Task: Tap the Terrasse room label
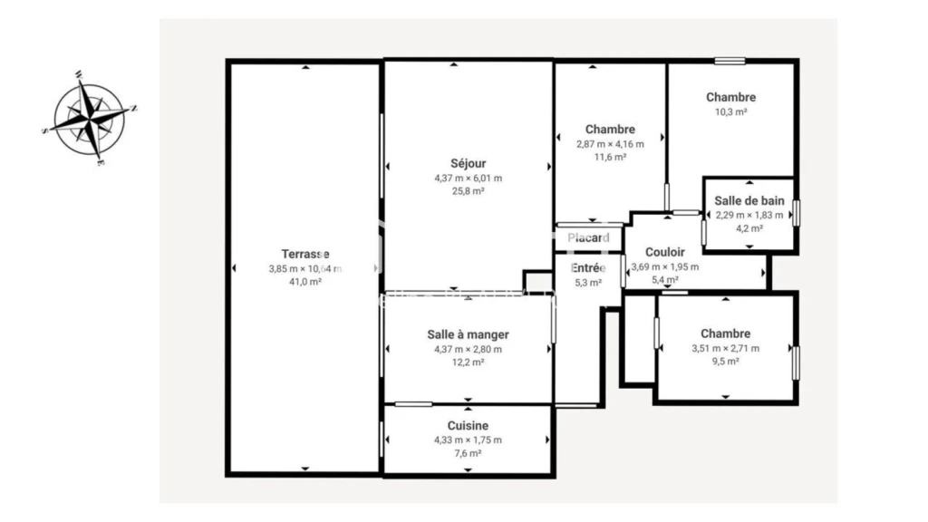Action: (305, 254)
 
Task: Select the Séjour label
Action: (469, 164)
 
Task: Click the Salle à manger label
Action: (469, 335)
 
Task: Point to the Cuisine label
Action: (469, 426)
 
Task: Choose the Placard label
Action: (588, 238)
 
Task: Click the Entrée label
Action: (588, 268)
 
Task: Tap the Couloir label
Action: (665, 252)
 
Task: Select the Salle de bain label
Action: (749, 201)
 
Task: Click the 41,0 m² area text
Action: (305, 283)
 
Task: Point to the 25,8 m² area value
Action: (469, 191)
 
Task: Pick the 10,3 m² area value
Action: (731, 111)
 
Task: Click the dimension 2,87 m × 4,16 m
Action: (610, 144)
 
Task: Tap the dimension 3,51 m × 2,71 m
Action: (726, 349)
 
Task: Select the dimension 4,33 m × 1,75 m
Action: (469, 440)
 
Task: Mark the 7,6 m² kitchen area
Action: (469, 454)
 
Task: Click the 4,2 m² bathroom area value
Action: (749, 228)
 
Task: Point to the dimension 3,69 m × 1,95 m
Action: (665, 267)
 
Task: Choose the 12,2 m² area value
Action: (469, 362)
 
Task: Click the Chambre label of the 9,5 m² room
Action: (726, 333)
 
